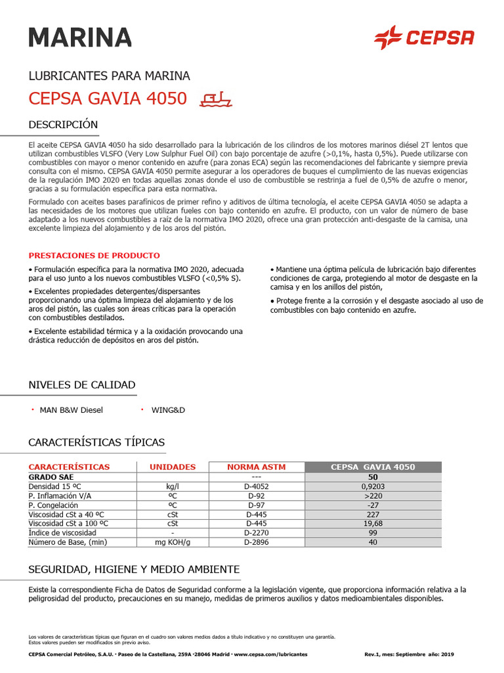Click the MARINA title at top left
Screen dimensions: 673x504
click(x=80, y=37)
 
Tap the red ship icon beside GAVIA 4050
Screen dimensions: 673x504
click(x=216, y=99)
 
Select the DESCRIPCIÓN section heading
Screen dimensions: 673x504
click(x=63, y=125)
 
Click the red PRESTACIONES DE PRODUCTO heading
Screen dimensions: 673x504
click(x=94, y=256)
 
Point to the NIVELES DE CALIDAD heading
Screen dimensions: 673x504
click(x=82, y=384)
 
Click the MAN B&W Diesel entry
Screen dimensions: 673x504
click(x=72, y=410)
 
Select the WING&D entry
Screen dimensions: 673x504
click(x=169, y=410)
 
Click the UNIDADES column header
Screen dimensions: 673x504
click(x=173, y=467)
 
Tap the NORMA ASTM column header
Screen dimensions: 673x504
click(x=257, y=467)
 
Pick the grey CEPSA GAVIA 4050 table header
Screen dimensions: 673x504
click(x=373, y=467)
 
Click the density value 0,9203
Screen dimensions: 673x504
click(x=373, y=486)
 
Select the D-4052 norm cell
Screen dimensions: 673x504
click(x=257, y=486)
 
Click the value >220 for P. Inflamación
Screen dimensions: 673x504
click(x=373, y=496)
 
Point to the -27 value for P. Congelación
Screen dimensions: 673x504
click(x=373, y=505)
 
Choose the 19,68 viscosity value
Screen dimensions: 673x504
click(x=373, y=523)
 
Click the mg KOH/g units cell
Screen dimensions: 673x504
click(x=173, y=542)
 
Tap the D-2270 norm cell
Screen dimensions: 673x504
click(x=257, y=532)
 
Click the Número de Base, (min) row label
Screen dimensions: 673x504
click(x=67, y=542)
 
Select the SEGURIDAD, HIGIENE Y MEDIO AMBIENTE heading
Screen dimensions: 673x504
click(x=134, y=569)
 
